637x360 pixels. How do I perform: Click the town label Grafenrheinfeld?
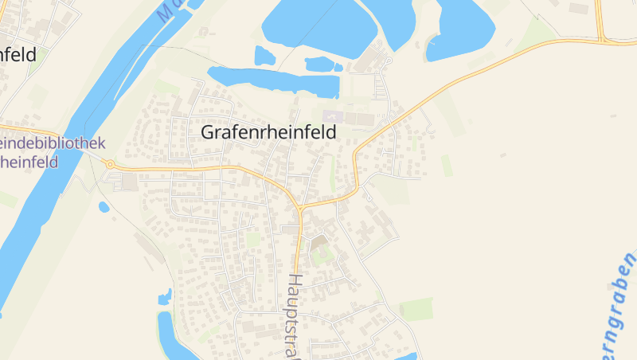pos(269,132)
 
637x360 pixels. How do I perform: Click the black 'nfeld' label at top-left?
pos(18,56)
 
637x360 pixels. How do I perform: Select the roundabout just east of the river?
pos(110,164)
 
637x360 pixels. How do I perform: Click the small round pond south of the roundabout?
pos(104,207)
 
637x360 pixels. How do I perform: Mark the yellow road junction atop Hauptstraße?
pos(300,209)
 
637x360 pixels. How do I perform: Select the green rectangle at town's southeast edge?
pos(416,308)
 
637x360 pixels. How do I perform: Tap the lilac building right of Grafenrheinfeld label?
pos(331,116)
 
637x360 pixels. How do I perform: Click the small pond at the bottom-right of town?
pos(405,356)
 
